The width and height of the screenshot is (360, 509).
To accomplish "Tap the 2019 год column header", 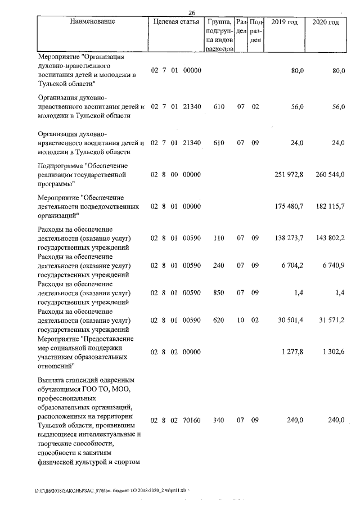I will click(x=285, y=22).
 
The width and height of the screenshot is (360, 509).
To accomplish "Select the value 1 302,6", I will click(x=331, y=352).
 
